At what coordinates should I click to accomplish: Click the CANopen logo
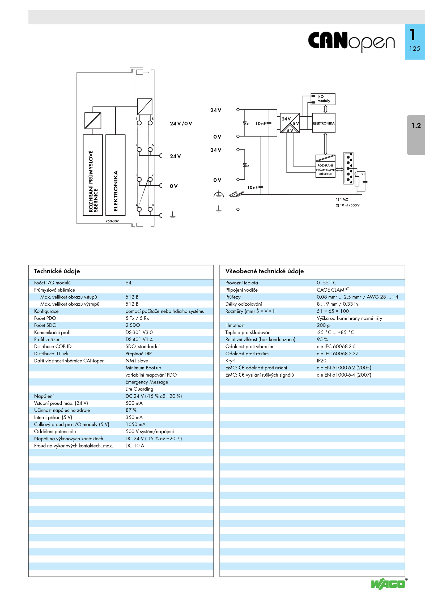click(x=351, y=41)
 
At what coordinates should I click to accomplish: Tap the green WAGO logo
click(x=388, y=584)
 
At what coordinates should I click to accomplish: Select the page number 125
click(x=415, y=49)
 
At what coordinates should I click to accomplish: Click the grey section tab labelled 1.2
click(x=416, y=135)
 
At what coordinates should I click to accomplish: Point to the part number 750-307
click(x=112, y=221)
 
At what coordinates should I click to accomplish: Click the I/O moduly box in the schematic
click(x=323, y=99)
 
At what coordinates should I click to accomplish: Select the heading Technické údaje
click(x=57, y=271)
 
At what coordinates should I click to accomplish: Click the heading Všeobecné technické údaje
click(x=264, y=271)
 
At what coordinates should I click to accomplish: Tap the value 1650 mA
click(x=135, y=424)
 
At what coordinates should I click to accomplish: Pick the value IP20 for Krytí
click(x=321, y=361)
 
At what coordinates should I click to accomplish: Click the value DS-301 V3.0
click(x=139, y=332)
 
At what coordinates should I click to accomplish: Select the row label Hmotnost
click(x=235, y=325)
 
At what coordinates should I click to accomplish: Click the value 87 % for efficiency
click(x=131, y=410)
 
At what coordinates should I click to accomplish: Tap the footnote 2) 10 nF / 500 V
click(x=347, y=205)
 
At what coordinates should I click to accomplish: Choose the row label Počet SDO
click(x=45, y=325)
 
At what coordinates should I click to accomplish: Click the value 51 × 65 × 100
click(x=333, y=311)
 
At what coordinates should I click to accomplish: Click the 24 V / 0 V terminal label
click(x=181, y=123)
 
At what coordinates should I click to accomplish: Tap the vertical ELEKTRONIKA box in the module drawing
click(x=116, y=175)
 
